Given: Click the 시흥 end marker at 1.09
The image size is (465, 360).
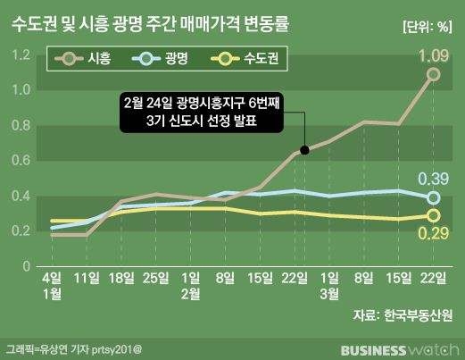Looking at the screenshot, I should click(x=433, y=75).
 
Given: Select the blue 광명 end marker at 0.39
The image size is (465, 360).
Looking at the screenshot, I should click(x=433, y=197).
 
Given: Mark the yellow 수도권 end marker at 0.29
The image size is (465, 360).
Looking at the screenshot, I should click(x=433, y=215).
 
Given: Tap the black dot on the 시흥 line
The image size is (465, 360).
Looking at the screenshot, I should click(x=305, y=150).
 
